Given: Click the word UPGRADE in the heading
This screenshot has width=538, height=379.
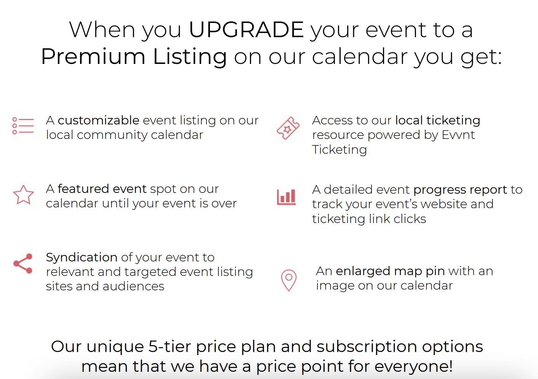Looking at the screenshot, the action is pos(247,30).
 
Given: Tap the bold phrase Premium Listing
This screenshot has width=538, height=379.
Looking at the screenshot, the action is pos(134,57).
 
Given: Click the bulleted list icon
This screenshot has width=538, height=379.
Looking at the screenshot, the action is pos(23,126).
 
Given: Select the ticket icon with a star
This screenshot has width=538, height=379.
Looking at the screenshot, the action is pos(288,128).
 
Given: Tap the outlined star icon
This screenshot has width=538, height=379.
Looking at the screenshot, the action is pos(23,195).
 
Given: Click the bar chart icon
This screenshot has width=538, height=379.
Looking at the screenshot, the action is pos(286,197).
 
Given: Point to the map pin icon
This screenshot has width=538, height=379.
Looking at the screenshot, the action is pos(289,280).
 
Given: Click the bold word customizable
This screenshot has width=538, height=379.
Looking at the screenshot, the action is pos(98,120).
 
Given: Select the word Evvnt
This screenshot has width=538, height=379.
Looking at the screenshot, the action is pos(458,135).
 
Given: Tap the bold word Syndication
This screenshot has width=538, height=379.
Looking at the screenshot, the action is pos(82,258).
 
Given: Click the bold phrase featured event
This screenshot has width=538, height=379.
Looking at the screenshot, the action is pos(102,189).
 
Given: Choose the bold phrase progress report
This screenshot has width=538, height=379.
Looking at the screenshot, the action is pos(460,190).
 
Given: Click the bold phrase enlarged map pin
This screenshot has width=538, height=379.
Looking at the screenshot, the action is pos(390,271).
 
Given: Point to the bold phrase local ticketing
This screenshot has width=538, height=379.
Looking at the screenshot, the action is pos(438,121).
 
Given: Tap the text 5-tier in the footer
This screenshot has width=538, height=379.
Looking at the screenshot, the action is pos(170,347).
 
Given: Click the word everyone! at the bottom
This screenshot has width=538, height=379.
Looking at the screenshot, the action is pos(413,367).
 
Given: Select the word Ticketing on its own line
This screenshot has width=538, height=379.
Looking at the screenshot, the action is pos(339,150).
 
